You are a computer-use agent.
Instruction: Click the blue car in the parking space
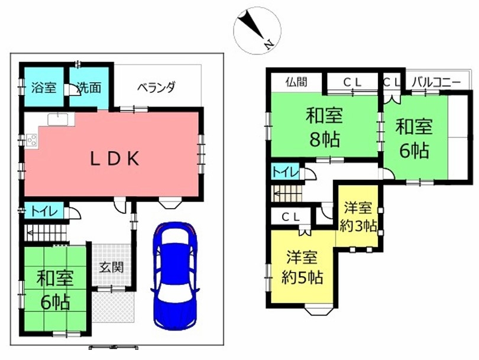(174, 275)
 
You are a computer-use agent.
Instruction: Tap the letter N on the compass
(268, 45)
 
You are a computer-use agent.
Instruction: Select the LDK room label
(115, 159)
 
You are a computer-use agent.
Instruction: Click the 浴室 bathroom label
(44, 87)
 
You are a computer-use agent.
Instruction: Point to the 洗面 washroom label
(89, 87)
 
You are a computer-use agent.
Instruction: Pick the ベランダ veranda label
(156, 87)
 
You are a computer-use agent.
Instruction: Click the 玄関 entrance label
(112, 267)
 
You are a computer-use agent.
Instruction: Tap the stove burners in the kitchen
(32, 140)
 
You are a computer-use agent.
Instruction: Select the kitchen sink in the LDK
(57, 119)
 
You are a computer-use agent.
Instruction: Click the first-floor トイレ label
(44, 211)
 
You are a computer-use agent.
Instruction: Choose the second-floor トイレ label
(285, 173)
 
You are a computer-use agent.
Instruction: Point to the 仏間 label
(297, 82)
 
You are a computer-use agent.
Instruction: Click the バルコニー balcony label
(436, 82)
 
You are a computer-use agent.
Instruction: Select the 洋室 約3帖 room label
(358, 217)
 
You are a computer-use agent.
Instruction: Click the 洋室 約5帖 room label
(302, 267)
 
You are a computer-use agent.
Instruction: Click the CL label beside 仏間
(352, 82)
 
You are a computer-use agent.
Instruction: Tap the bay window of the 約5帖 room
(318, 310)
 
